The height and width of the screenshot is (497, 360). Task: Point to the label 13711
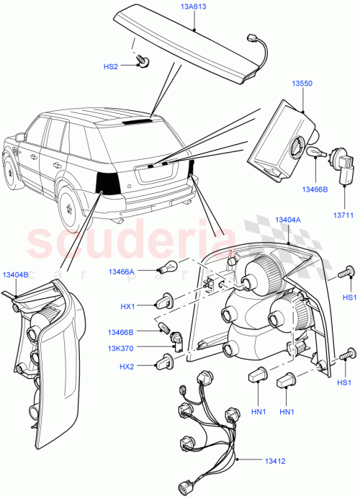click(x=342, y=214)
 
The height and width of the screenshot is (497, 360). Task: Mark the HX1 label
click(x=127, y=308)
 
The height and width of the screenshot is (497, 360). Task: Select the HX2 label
click(x=127, y=367)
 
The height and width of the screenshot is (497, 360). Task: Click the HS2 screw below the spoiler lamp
click(x=145, y=63)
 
